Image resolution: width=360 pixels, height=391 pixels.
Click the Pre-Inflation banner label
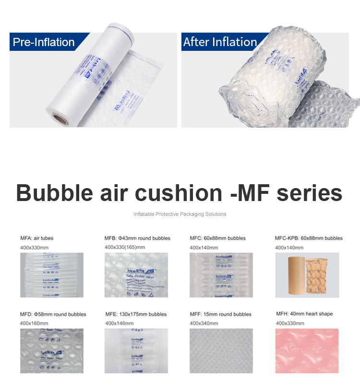pyautogui.click(x=44, y=42)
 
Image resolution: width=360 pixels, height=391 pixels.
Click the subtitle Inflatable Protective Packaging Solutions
pyautogui.click(x=180, y=214)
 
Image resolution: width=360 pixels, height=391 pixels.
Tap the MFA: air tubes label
pyautogui.click(x=39, y=238)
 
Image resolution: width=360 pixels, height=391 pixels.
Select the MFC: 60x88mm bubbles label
pyautogui.click(x=217, y=238)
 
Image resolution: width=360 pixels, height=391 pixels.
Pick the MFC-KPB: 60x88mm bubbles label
pyautogui.click(x=309, y=238)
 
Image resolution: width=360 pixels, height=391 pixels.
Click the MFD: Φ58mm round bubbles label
pyautogui.click(x=53, y=314)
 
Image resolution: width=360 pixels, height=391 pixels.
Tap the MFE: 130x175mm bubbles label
pyautogui.click(x=136, y=314)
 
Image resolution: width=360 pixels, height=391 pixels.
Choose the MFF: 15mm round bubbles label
pyautogui.click(x=220, y=314)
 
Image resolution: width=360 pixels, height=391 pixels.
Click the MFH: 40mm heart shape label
pyautogui.click(x=304, y=314)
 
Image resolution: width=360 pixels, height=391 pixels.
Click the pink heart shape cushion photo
pyautogui.click(x=307, y=350)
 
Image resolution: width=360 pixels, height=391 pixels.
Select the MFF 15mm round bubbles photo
pyautogui.click(x=221, y=351)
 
